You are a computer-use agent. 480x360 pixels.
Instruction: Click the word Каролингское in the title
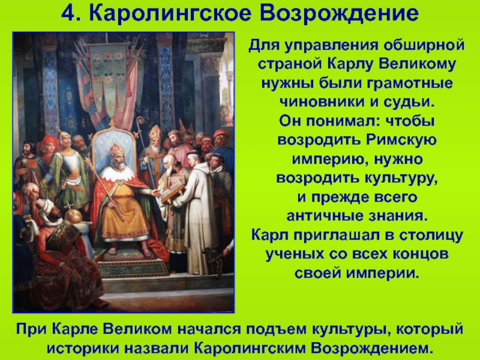click(170, 13)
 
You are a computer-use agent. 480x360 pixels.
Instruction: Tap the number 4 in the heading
click(69, 13)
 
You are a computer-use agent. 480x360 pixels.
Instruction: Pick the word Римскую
click(401, 140)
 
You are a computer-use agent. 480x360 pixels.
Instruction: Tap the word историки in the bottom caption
click(82, 348)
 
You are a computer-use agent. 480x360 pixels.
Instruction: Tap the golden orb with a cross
click(73, 215)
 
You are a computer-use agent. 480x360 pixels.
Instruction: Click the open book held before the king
click(172, 192)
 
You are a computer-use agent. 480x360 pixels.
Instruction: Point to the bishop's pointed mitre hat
click(155, 133)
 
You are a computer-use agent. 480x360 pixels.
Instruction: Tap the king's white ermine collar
click(118, 173)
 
